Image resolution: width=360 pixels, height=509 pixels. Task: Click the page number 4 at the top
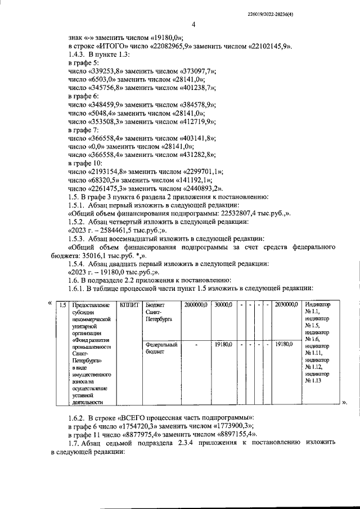(x=193, y=24)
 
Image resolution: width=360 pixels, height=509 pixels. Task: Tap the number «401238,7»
(x=199, y=88)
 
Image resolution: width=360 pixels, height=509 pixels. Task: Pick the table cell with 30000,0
(x=222, y=304)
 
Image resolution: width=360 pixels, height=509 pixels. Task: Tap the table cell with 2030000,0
(x=286, y=304)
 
